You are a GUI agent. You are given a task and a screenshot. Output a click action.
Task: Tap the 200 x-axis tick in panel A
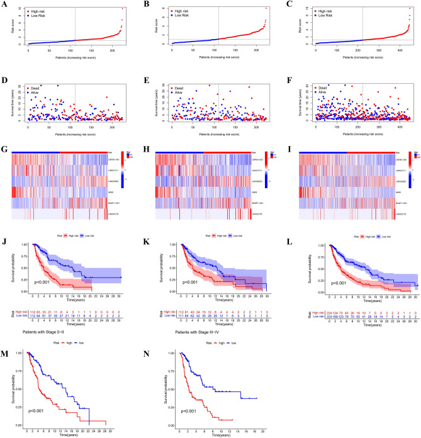[x=126, y=49]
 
